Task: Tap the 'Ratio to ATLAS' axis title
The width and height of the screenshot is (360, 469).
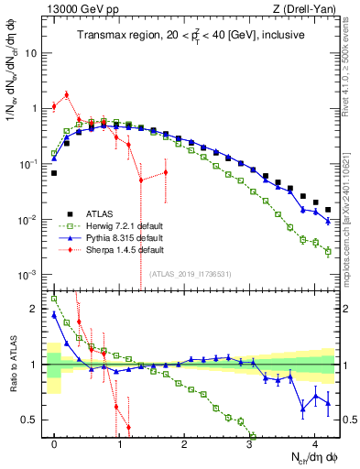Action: pyautogui.click(x=12, y=364)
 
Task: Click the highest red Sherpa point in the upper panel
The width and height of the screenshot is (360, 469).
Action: pyautogui.click(x=67, y=94)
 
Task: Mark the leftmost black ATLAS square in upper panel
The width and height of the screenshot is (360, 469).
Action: pyautogui.click(x=54, y=172)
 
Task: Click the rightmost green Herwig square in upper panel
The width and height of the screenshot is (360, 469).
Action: pyautogui.click(x=328, y=251)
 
